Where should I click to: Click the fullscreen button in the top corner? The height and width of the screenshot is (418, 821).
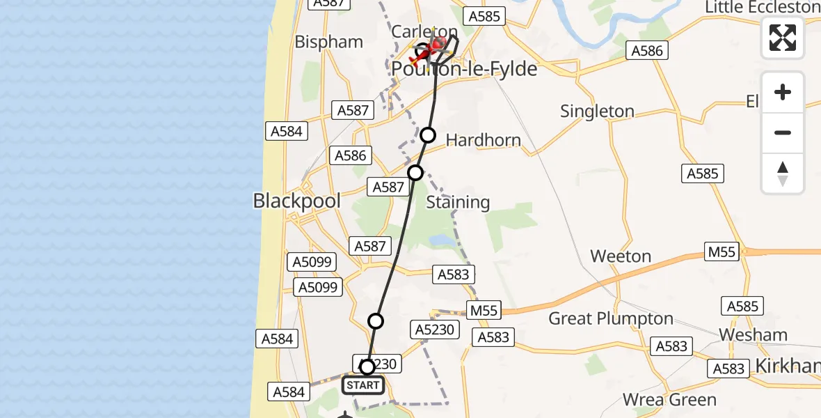783,37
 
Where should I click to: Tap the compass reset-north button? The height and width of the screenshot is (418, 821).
783,173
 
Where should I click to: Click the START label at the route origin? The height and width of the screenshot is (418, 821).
362,385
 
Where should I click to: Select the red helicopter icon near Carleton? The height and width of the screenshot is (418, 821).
436,47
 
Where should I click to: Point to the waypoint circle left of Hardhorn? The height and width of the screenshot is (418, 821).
428,135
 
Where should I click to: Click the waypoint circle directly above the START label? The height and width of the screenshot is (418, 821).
367,366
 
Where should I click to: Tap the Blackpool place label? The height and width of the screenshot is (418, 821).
297,201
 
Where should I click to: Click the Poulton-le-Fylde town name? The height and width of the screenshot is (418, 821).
465,69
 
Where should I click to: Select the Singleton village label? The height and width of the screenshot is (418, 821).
597,111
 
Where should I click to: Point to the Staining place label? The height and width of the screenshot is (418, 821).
458,203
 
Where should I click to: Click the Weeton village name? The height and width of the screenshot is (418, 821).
621,256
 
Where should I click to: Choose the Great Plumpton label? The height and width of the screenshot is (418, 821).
611,319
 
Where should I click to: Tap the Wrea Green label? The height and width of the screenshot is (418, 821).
669,400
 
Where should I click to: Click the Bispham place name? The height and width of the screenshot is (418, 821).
329,42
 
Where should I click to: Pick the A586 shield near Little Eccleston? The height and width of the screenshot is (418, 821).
647,50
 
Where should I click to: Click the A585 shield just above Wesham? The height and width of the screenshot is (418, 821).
743,306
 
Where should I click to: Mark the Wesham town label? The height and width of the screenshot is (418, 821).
753,335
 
